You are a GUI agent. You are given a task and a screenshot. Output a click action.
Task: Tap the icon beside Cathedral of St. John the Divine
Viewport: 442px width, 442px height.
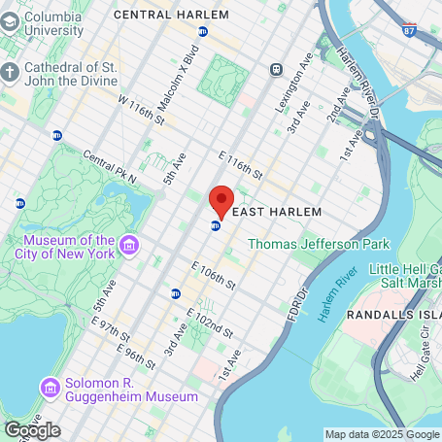10,74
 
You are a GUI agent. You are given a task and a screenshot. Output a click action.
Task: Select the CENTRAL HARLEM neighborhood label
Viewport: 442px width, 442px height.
172,15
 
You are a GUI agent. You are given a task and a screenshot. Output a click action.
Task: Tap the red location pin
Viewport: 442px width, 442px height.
221,200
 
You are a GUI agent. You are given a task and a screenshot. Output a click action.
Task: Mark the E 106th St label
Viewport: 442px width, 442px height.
214,275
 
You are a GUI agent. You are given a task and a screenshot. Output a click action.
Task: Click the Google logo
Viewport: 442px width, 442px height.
32,429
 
